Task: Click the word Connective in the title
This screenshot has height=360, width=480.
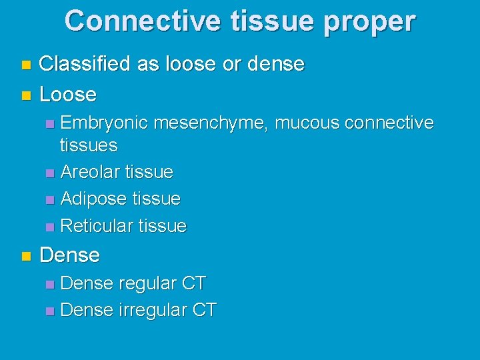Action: point(142,21)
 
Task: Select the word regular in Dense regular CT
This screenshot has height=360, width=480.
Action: point(148,283)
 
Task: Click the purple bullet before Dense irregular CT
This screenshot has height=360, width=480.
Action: point(51,311)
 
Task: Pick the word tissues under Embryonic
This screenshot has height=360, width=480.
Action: point(89,145)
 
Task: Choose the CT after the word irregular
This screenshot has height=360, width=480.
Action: point(204,310)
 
